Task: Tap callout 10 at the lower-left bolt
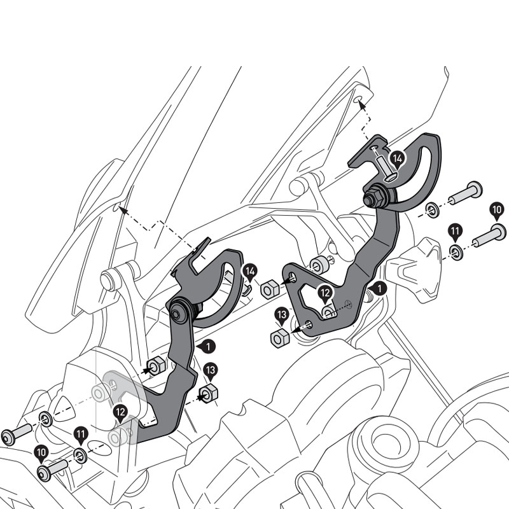pyautogui.click(x=42, y=453)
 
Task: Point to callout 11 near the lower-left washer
pyautogui.click(x=80, y=435)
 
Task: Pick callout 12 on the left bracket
pyautogui.click(x=120, y=413)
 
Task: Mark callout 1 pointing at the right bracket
pyautogui.click(x=379, y=289)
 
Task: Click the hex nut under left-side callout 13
pyautogui.click(x=208, y=393)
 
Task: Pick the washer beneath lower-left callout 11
pyautogui.click(x=80, y=454)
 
